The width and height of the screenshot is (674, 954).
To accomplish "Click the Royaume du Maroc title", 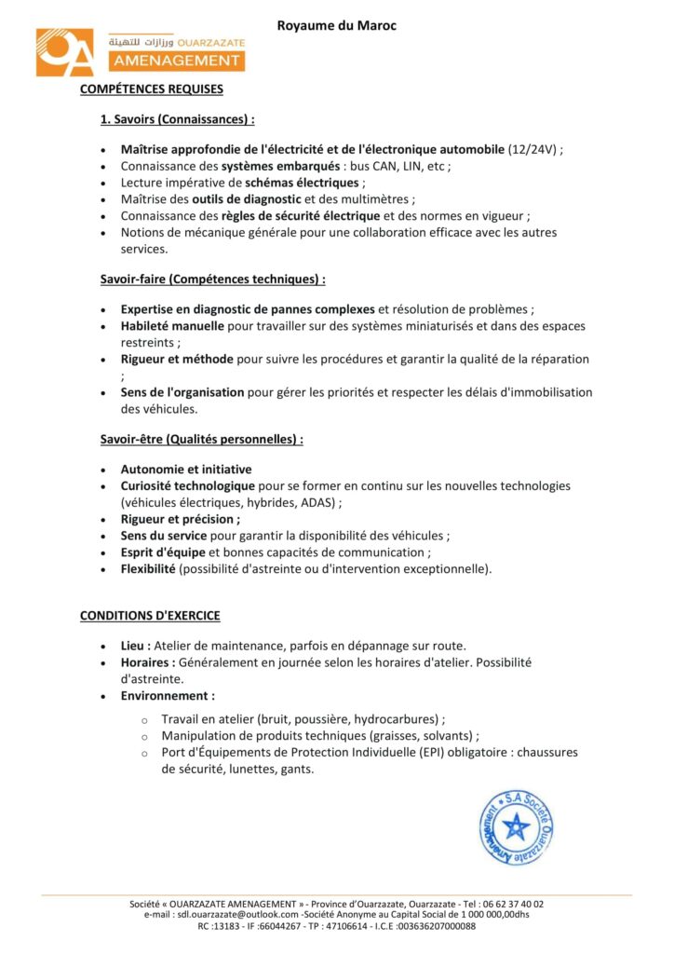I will pos(336,26).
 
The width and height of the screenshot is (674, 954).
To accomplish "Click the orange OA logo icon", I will pos(65,52).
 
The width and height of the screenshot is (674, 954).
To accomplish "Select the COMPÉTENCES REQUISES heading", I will pos(152,90).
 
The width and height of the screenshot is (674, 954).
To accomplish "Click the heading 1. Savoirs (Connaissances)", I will pos(178,120).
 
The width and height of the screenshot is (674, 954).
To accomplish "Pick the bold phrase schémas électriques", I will pos(301,183).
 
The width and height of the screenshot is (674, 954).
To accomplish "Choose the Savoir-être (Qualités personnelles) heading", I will pos(202,438).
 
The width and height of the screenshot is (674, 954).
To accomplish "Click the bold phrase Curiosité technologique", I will pos(188,486).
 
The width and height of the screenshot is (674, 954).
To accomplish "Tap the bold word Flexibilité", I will pos(148,568).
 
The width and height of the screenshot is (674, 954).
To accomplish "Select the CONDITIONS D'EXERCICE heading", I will pos(150,616).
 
